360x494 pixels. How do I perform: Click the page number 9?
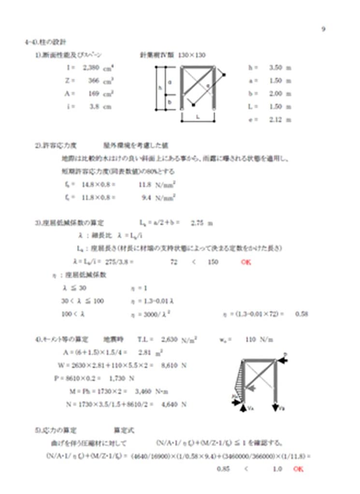coord(323,28)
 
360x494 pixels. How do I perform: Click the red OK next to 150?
coord(246,262)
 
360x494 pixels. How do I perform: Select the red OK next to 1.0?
coord(298,469)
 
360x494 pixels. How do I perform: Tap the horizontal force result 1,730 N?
coord(122,378)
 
